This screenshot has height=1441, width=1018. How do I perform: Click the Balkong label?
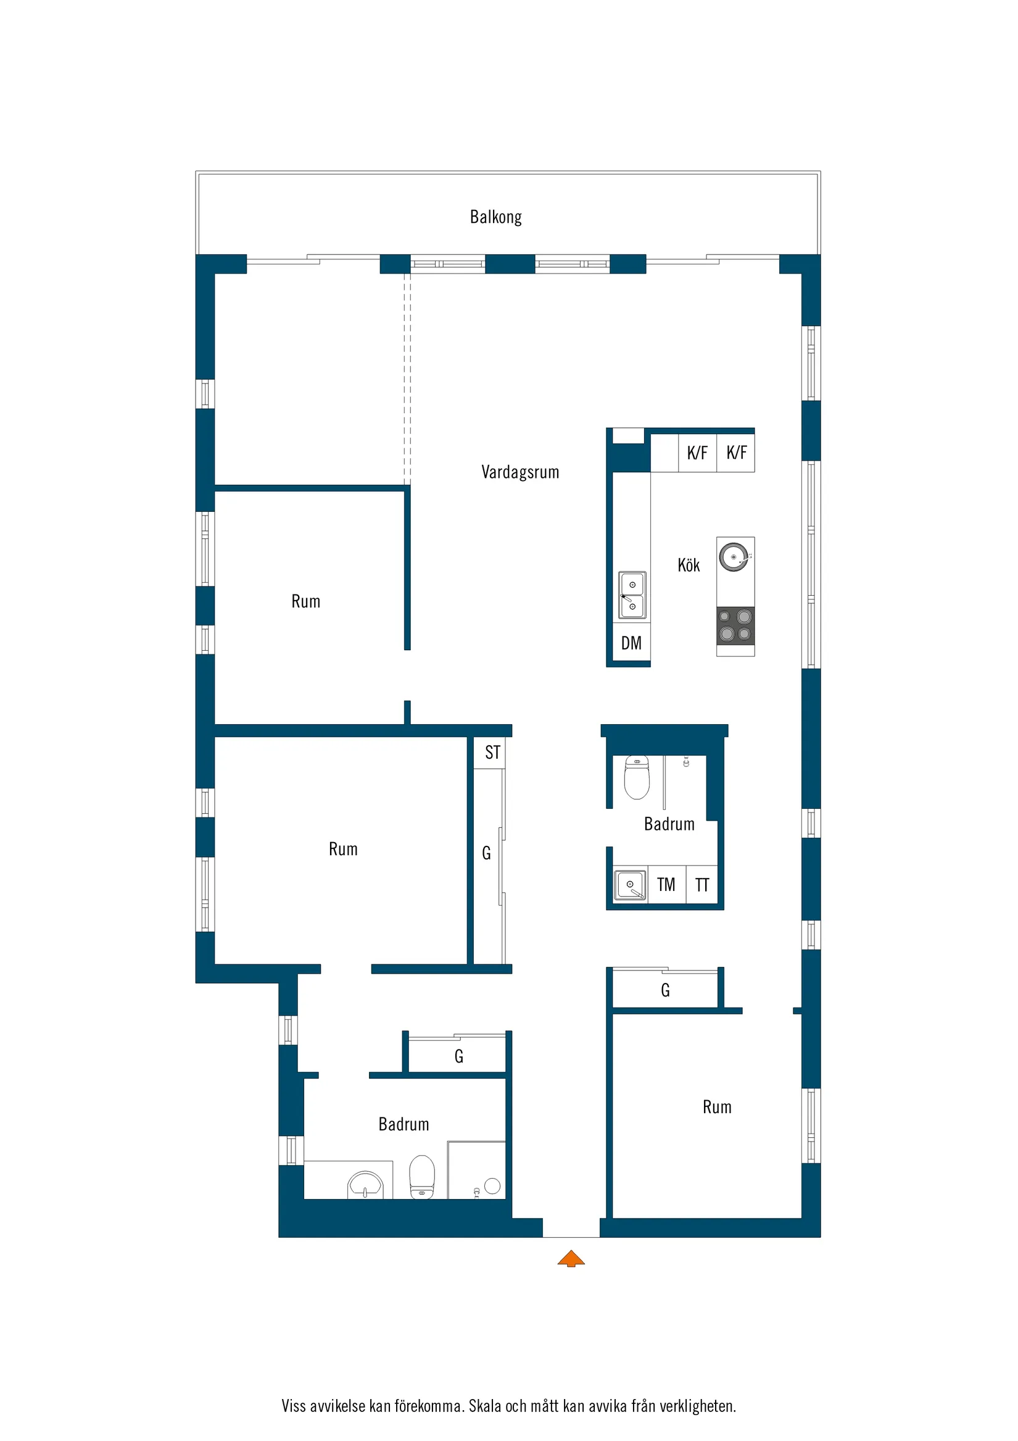tap(495, 217)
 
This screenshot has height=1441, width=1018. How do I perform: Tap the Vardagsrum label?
tap(520, 472)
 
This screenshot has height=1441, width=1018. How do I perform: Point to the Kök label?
tap(689, 565)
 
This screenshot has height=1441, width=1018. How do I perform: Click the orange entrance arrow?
tap(571, 1258)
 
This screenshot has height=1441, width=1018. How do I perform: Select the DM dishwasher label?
tap(631, 643)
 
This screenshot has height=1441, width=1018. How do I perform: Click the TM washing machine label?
tap(666, 884)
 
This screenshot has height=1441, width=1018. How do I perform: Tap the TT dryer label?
tap(702, 885)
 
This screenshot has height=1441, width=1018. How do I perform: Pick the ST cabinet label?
tap(493, 752)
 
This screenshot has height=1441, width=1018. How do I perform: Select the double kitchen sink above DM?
tap(632, 595)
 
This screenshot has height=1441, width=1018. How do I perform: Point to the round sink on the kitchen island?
tap(734, 557)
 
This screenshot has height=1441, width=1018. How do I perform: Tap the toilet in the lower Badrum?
tap(421, 1177)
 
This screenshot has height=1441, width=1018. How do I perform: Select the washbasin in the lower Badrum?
tap(365, 1185)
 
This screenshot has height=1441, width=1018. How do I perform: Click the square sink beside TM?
tap(630, 885)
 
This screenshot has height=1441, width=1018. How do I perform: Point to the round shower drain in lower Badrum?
tap(492, 1185)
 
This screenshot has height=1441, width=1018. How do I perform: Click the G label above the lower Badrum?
tap(459, 1057)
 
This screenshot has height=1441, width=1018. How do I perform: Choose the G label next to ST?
tap(486, 853)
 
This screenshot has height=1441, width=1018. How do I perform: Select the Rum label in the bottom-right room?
tap(717, 1106)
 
